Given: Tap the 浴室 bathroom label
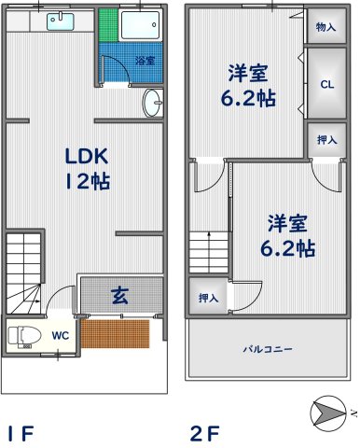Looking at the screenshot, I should pyautogui.click(x=145, y=61).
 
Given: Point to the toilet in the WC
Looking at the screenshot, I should pyautogui.click(x=20, y=335).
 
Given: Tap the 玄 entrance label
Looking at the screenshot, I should pyautogui.click(x=119, y=297).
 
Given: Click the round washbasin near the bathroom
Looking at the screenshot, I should pyautogui.click(x=155, y=103).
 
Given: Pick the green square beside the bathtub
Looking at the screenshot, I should pyautogui.click(x=108, y=25).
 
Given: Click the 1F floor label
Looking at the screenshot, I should pyautogui.click(x=20, y=433).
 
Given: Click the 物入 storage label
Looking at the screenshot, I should pyautogui.click(x=325, y=27).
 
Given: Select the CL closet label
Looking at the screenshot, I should pyautogui.click(x=326, y=83).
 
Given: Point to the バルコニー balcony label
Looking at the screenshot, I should pyautogui.click(x=269, y=349).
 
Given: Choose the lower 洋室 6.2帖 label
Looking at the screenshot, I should pyautogui.click(x=287, y=235).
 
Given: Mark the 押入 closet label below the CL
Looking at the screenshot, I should pyautogui.click(x=326, y=140).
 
